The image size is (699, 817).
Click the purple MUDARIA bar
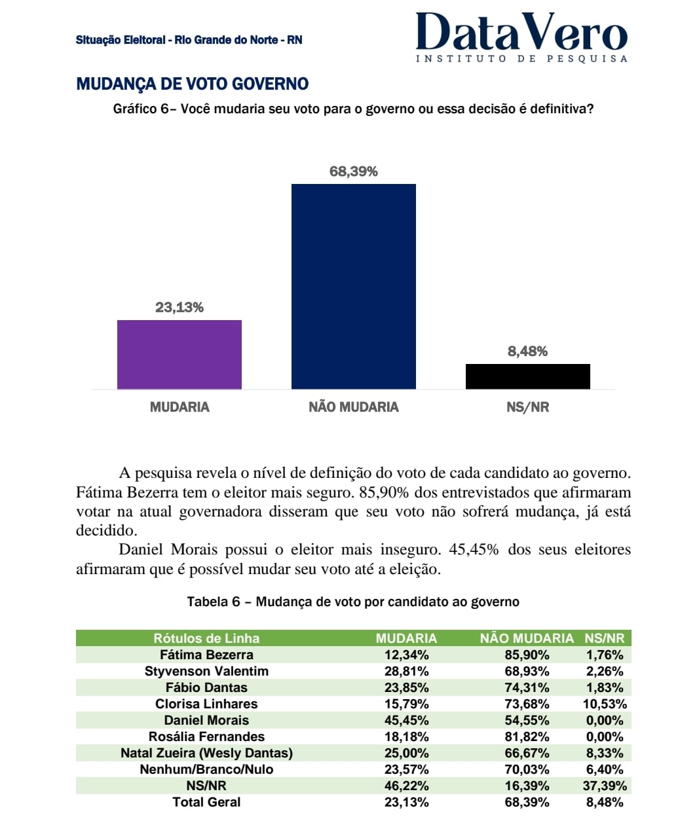[179, 354]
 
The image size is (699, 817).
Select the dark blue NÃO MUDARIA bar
[353, 286]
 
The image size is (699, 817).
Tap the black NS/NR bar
[527, 376]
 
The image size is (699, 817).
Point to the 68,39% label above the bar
[353, 172]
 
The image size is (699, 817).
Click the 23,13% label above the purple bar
[179, 307]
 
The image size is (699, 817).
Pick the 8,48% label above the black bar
[527, 352]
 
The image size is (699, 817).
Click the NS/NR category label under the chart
[527, 407]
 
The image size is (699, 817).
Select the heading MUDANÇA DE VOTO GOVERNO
[192, 84]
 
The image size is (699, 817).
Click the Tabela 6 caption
[353, 602]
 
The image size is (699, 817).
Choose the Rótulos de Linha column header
[206, 638]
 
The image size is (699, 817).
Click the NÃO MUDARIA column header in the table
[526, 638]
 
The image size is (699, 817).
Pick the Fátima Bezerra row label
[206, 655]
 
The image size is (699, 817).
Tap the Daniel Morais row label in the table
[206, 720]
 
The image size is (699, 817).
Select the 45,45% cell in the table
[406, 720]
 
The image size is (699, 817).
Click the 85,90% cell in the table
[527, 655]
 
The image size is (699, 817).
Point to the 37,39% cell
[604, 786]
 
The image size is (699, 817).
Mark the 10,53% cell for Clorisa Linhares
[604, 704]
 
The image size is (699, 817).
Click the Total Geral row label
[206, 802]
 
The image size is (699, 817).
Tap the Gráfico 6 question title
[353, 109]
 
